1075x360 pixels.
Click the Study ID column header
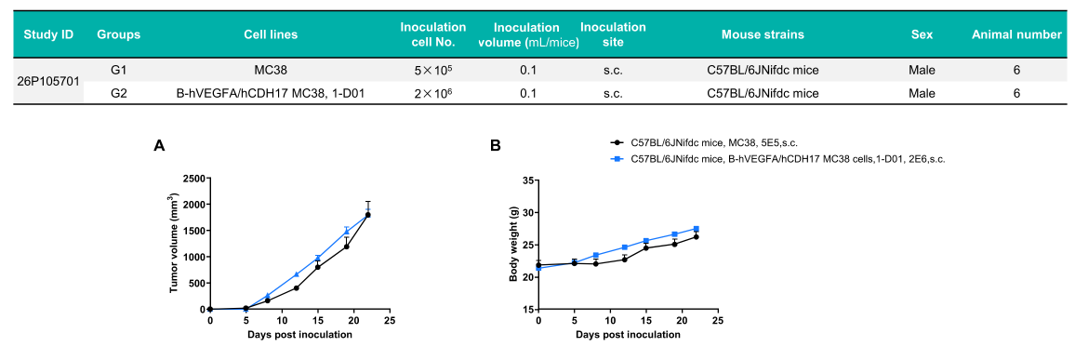pos(48,34)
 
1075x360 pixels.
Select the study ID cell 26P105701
pos(49,81)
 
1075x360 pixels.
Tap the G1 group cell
pos(119,70)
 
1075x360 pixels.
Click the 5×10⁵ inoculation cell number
pos(433,70)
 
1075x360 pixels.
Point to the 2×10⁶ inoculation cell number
pos(433,92)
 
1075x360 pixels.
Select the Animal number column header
pos(1016,34)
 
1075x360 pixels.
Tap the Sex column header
pos(922,34)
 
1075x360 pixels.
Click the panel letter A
pos(160,145)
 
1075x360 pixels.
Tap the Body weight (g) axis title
pos(512,244)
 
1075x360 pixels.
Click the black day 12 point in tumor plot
pos(296,288)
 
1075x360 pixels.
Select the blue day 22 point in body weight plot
pos(697,229)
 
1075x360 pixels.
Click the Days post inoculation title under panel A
pos(299,335)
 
